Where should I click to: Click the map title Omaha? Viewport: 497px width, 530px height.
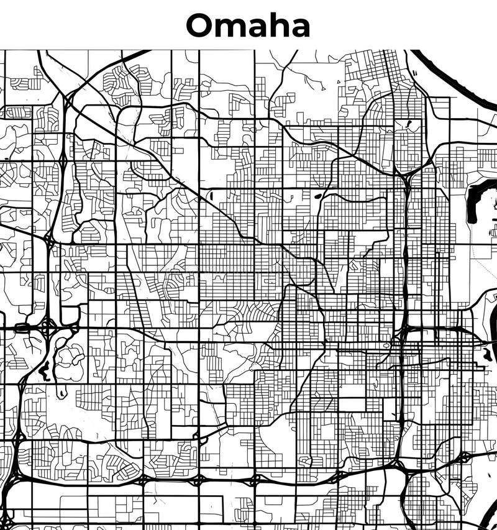248,25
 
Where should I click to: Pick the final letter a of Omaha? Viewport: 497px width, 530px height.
299,28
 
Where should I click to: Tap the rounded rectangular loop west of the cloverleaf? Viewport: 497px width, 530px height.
21,327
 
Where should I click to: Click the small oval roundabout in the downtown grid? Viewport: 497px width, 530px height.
386,345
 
